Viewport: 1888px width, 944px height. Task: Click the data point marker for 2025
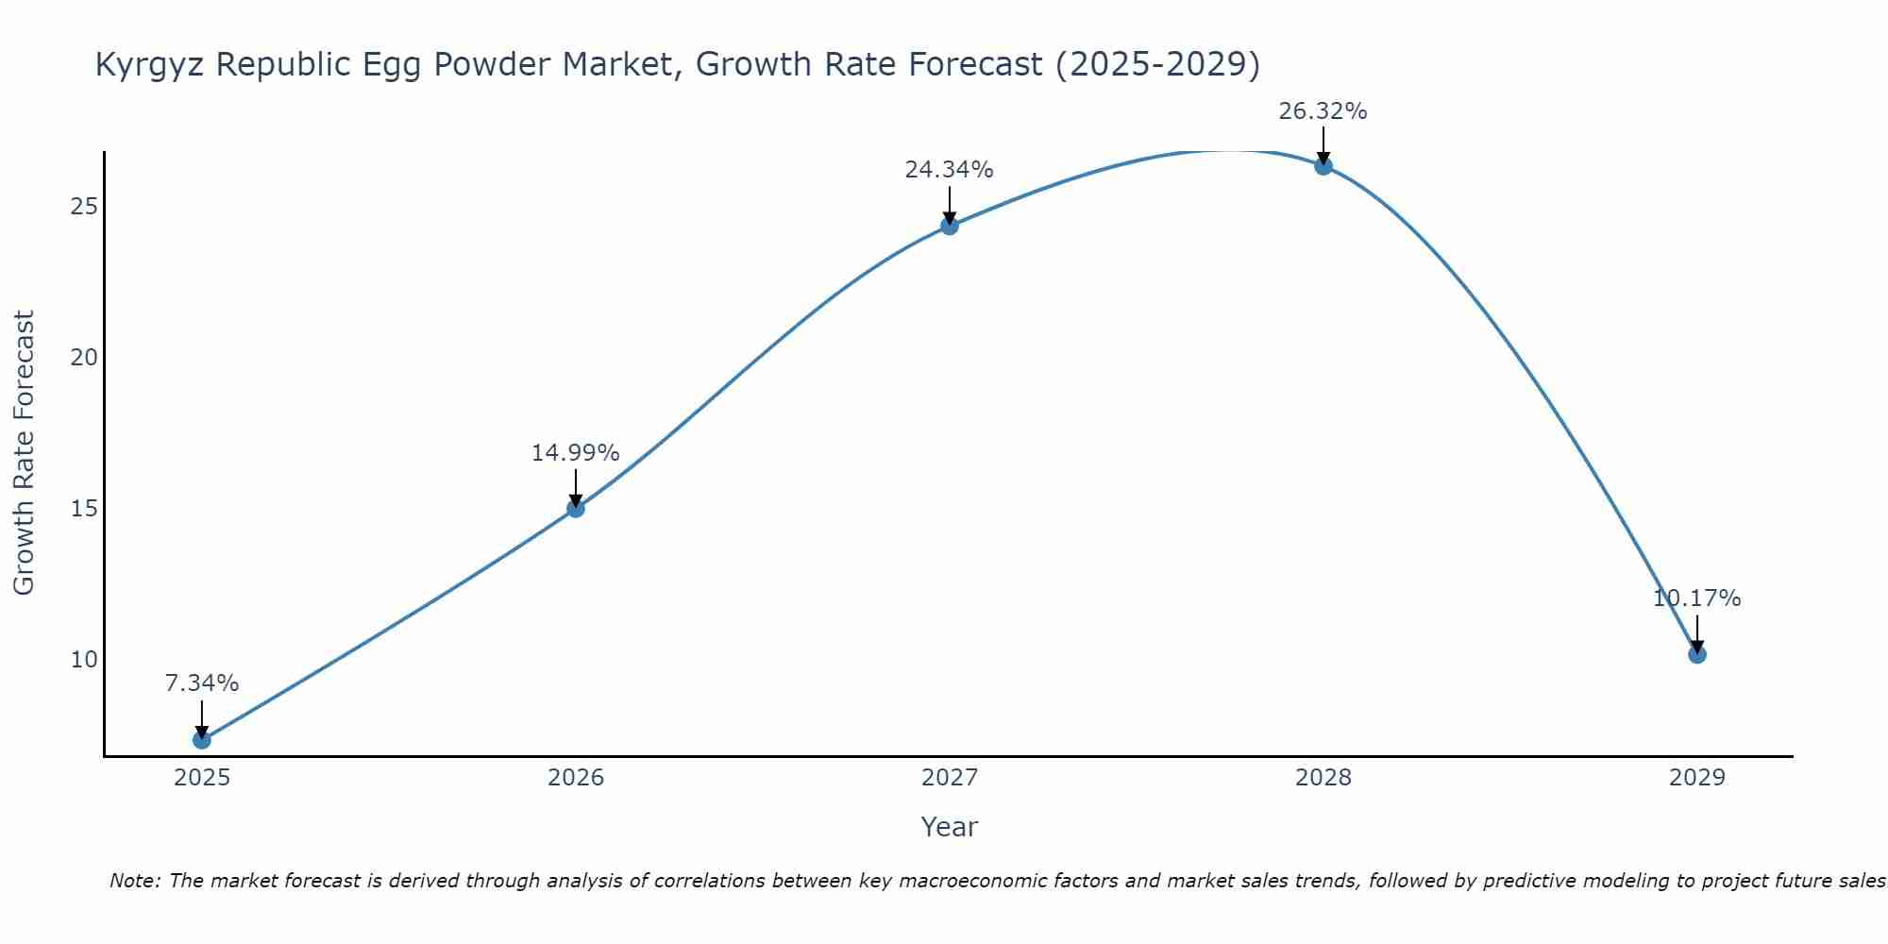click(x=201, y=739)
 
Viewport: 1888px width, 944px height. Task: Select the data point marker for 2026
click(x=575, y=509)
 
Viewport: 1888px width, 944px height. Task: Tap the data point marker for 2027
click(x=949, y=226)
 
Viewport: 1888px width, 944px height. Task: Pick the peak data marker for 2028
click(x=1323, y=166)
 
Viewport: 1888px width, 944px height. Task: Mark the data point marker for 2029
click(x=1696, y=654)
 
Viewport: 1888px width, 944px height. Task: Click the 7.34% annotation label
click(x=201, y=683)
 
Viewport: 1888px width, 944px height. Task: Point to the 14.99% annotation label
click(x=575, y=453)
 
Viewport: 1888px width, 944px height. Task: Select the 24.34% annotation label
click(x=949, y=170)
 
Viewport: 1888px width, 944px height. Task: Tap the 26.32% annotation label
click(x=1323, y=111)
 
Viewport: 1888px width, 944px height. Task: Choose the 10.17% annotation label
click(x=1696, y=598)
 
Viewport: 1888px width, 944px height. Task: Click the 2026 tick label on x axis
click(x=575, y=778)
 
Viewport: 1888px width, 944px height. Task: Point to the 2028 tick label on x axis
click(x=1323, y=778)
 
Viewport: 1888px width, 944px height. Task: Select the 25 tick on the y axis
click(x=84, y=207)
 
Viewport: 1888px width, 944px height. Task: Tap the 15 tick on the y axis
click(x=84, y=509)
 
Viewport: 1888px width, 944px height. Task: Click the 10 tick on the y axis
click(x=84, y=659)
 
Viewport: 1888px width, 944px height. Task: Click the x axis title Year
click(x=949, y=827)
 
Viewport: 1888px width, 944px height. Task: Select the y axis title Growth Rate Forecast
click(x=24, y=453)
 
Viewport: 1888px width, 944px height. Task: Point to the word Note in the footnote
click(x=136, y=881)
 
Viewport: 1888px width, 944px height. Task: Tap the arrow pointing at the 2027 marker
click(x=949, y=206)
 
